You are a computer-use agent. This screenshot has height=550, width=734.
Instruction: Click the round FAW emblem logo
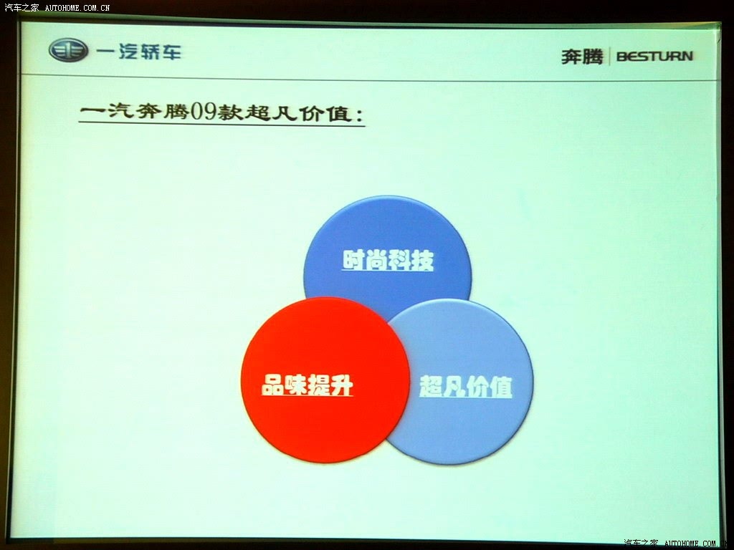68,50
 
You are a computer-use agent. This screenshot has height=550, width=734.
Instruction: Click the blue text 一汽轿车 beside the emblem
138,51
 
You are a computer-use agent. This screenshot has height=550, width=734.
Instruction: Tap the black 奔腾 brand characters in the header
582,57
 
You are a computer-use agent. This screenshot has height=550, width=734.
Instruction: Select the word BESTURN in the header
654,56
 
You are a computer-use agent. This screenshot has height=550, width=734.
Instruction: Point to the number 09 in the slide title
203,112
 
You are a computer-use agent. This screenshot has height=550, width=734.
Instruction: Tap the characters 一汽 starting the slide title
106,111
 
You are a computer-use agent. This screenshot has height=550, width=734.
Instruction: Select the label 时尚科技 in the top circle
388,260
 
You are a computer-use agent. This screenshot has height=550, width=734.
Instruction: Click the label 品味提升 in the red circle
307,385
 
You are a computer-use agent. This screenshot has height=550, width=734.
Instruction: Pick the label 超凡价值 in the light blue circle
466,386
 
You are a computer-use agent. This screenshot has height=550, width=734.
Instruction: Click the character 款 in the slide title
230,112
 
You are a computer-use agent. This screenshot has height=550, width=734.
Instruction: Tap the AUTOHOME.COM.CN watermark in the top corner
77,7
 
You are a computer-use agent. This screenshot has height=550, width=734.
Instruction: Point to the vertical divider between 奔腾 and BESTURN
609,57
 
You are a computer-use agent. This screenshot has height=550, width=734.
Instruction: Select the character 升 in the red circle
342,386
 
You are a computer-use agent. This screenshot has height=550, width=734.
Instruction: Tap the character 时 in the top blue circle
353,260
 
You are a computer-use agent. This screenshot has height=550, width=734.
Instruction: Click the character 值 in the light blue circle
501,387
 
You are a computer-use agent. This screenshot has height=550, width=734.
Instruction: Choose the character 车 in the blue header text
171,52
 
